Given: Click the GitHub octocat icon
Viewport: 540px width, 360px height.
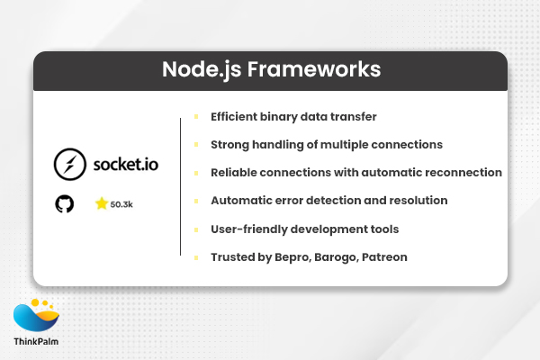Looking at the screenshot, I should (x=65, y=204).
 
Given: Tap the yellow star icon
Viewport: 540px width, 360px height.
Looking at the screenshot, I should (x=101, y=204).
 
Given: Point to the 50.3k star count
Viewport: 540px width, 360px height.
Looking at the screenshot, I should (x=121, y=205).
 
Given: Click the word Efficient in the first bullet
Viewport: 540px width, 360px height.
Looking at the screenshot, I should (x=237, y=117).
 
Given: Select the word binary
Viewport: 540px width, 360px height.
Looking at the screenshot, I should (x=287, y=117).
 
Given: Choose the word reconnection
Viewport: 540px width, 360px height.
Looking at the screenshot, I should (x=463, y=173).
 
